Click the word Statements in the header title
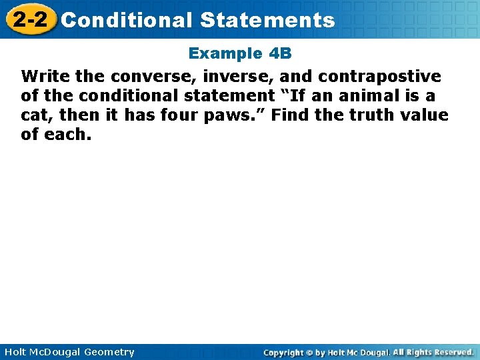click(267, 20)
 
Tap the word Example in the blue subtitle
click(221, 53)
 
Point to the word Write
click(44, 75)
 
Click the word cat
click(35, 115)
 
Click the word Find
click(294, 115)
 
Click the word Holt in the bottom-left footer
click(16, 352)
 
